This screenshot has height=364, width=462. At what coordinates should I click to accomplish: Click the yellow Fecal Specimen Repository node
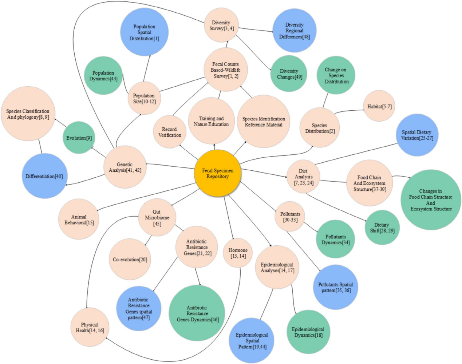[218, 174]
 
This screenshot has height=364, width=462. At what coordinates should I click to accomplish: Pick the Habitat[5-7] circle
[379, 106]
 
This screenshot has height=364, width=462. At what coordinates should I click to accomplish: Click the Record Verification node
[170, 132]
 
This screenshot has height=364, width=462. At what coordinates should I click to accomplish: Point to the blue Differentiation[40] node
[44, 176]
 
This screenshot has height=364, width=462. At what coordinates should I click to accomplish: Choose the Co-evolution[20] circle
[130, 259]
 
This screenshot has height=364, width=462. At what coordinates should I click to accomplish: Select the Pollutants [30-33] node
[290, 217]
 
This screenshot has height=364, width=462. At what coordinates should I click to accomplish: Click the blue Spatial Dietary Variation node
[417, 135]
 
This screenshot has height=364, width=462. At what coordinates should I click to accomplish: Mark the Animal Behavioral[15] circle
[79, 219]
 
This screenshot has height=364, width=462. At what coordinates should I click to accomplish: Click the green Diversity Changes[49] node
[289, 74]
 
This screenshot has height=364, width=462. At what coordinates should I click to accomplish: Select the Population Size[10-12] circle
[144, 98]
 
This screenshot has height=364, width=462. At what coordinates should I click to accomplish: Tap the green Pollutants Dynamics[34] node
[335, 240]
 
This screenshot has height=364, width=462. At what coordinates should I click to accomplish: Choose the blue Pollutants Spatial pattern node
[335, 287]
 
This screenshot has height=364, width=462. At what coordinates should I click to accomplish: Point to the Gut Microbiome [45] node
[157, 218]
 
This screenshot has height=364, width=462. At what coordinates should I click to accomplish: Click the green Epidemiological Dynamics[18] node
[308, 332]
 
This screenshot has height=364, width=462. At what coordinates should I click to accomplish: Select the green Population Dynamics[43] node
[103, 76]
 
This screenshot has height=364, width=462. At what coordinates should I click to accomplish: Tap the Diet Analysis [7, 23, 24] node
[303, 177]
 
